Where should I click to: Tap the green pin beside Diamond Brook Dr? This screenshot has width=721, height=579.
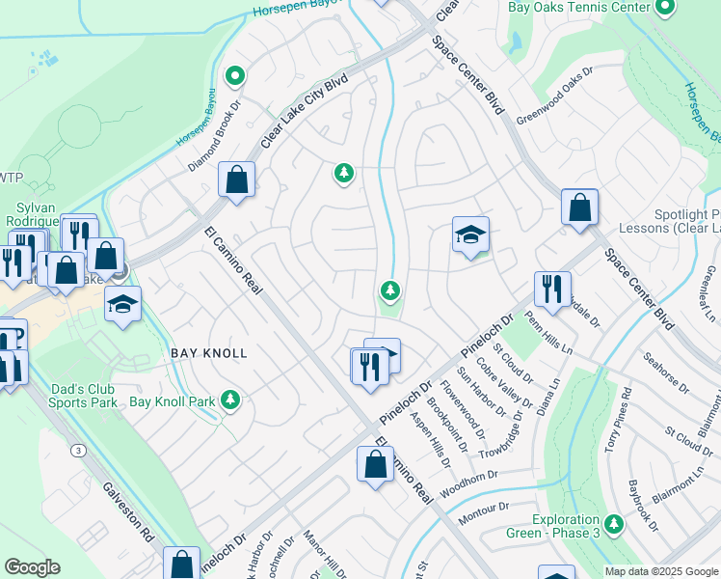point(234,74)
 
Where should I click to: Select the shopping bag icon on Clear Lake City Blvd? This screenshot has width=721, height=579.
point(236,179)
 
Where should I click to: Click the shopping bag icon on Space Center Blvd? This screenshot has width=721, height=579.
point(579,207)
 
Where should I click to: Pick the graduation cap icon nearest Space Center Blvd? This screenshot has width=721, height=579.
point(470,234)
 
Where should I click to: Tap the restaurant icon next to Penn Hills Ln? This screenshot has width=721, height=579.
point(552,290)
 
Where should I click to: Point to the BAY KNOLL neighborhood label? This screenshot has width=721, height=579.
point(209,354)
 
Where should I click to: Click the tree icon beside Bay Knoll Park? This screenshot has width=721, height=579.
point(229,400)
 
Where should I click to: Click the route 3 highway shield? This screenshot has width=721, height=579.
point(76,450)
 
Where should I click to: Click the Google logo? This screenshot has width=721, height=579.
point(32,567)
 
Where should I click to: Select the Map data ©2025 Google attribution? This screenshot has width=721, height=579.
point(661,571)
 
